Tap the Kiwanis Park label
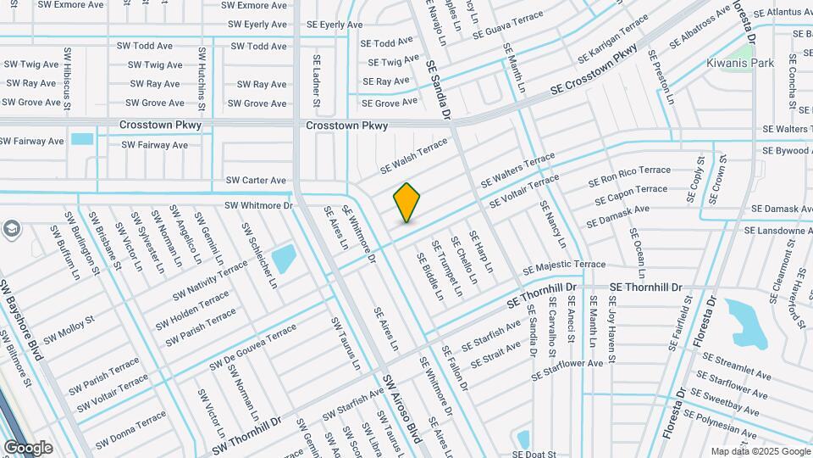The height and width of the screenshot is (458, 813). point(740,63)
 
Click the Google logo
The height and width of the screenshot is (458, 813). point(28,447)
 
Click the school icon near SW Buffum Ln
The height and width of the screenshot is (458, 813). point(12,229)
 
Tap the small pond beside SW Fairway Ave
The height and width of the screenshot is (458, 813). point(82,139)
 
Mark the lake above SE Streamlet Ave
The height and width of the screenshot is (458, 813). point(748,323)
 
